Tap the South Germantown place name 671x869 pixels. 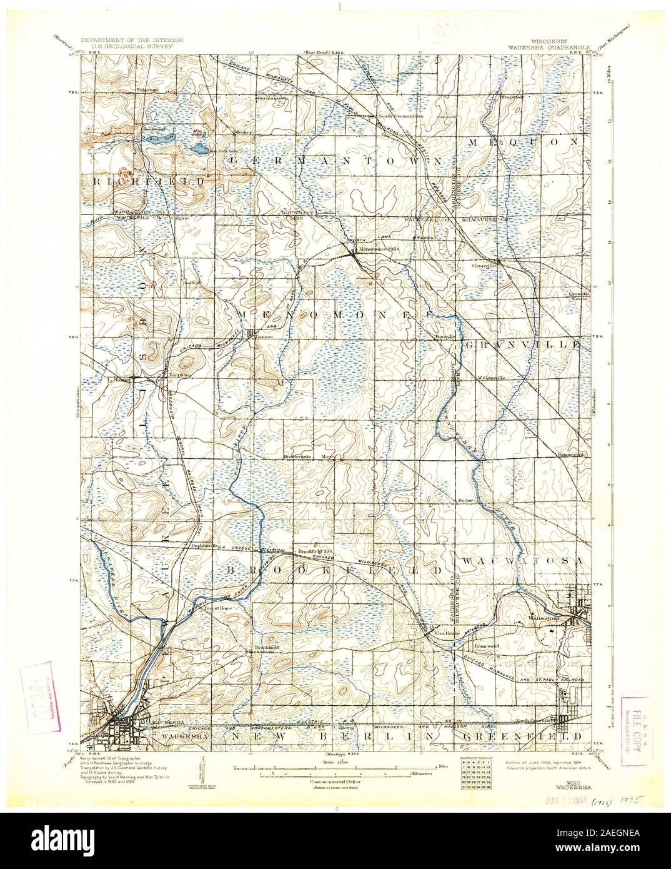coord(399,116)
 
